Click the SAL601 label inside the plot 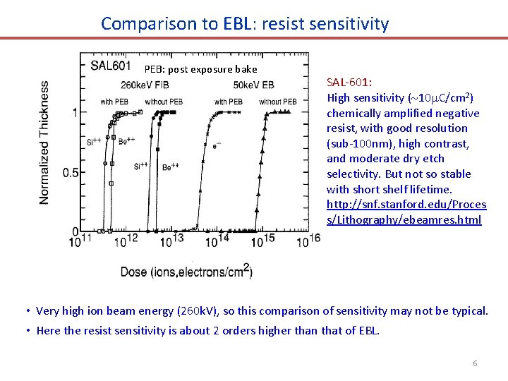point(110,66)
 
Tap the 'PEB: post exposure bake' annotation point(200,69)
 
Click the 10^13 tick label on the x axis point(170,241)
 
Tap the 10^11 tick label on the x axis point(80,241)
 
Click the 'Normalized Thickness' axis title point(44,143)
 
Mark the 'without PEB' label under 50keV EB point(277,102)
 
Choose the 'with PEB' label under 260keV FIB point(114,102)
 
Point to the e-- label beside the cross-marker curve point(217,146)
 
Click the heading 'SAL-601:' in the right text point(350,83)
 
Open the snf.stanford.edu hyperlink point(406,212)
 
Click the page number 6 point(475,363)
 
